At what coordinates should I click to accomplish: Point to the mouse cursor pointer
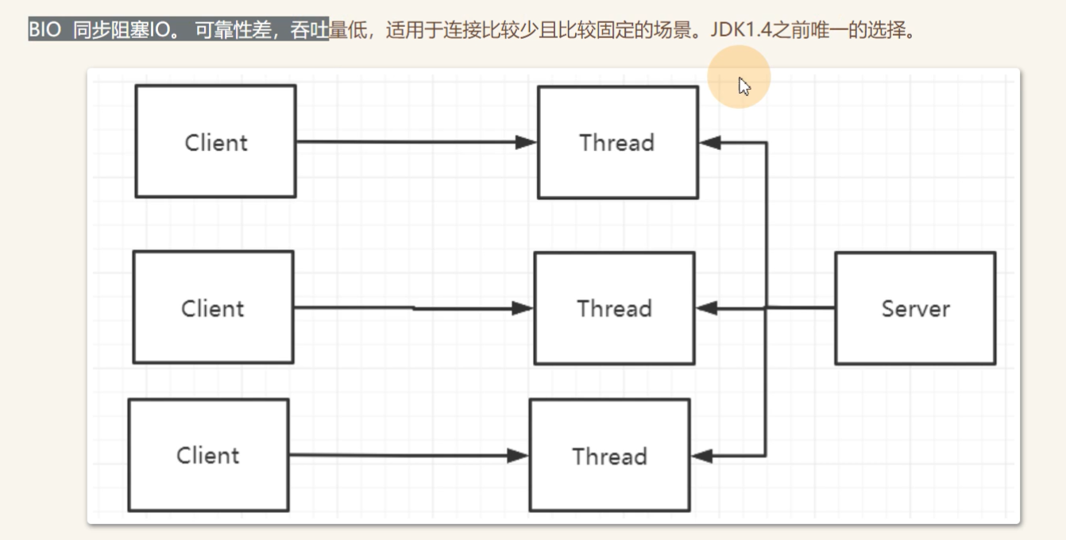coord(743,86)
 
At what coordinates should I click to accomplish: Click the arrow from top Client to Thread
coord(405,142)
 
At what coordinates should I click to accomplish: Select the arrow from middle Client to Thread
coord(405,308)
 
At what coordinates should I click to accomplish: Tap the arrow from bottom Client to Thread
coord(397,456)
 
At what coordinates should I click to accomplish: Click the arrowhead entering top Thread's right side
coord(709,143)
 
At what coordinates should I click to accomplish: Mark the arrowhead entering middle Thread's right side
coord(705,307)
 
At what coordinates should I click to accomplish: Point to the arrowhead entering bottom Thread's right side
coord(701,457)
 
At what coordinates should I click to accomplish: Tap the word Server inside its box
coord(915,308)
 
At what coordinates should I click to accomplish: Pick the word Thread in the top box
coord(616,143)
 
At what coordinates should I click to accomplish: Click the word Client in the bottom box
coord(208,456)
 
